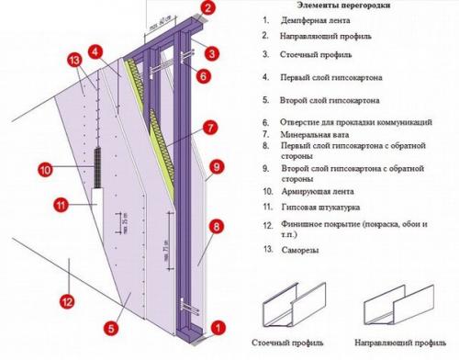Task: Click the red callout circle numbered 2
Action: [x=208, y=9]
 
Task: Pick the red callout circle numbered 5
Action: [x=112, y=325]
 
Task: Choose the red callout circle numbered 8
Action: [x=218, y=224]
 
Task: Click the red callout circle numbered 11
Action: [x=61, y=203]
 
